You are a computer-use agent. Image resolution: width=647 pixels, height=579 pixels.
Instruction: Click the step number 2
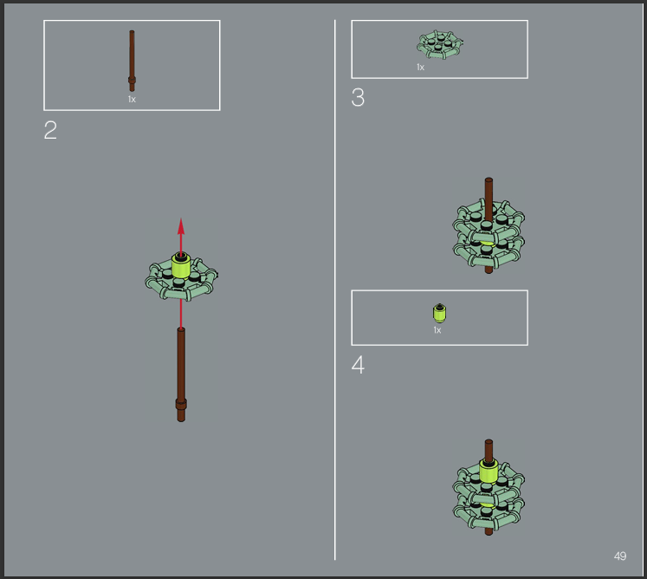coord(50,130)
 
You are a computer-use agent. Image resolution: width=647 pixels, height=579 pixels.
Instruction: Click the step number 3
coord(358,98)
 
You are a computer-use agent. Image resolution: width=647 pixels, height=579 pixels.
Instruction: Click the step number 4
coord(358,365)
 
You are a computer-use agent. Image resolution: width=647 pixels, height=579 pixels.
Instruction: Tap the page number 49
coord(620,556)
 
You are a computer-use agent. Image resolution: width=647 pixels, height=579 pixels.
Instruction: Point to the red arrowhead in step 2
coord(181,227)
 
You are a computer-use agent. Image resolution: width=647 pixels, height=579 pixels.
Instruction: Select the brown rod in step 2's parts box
coord(132,61)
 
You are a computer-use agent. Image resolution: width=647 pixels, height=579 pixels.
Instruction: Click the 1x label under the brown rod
coord(132,99)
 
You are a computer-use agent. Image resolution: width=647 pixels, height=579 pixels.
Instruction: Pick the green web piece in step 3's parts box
coord(440,44)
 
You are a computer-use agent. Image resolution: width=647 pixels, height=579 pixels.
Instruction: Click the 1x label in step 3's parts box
coord(420,67)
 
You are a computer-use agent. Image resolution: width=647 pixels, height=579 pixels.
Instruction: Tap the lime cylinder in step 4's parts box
coord(439,314)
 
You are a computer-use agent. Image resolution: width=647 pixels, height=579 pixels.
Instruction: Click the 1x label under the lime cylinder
coord(437,330)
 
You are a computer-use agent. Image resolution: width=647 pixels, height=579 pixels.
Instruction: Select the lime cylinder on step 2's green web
coord(181,265)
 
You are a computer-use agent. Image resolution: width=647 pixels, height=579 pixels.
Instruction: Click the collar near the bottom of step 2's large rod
coord(181,404)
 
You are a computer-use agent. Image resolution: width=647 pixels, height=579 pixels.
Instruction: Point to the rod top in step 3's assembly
coord(488,180)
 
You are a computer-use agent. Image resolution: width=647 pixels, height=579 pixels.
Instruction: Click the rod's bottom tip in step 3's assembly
coord(488,270)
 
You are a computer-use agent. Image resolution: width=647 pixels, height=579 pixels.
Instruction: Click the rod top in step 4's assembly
coord(488,442)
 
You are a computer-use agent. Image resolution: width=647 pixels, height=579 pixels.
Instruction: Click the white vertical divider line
coord(334,289)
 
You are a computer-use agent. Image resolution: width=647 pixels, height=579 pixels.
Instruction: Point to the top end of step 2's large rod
coord(181,329)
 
